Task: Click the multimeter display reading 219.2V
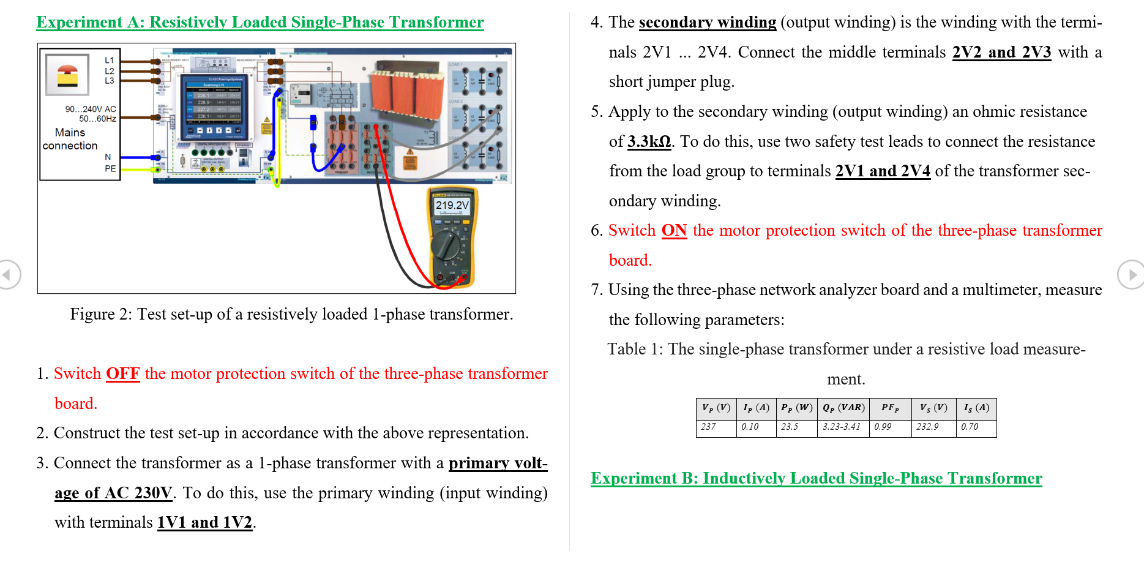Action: (452, 206)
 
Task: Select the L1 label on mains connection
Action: (109, 60)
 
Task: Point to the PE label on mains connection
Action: (110, 168)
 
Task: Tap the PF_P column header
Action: (891, 408)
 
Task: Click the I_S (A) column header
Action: (976, 408)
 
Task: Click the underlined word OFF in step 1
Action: (122, 373)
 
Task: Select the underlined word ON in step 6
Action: (674, 230)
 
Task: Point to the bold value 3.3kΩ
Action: (649, 141)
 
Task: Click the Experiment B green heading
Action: (816, 478)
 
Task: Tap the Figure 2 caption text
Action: (291, 314)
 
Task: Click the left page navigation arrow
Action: (9, 274)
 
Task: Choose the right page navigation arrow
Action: (1131, 274)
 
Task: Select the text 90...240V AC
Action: (91, 109)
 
